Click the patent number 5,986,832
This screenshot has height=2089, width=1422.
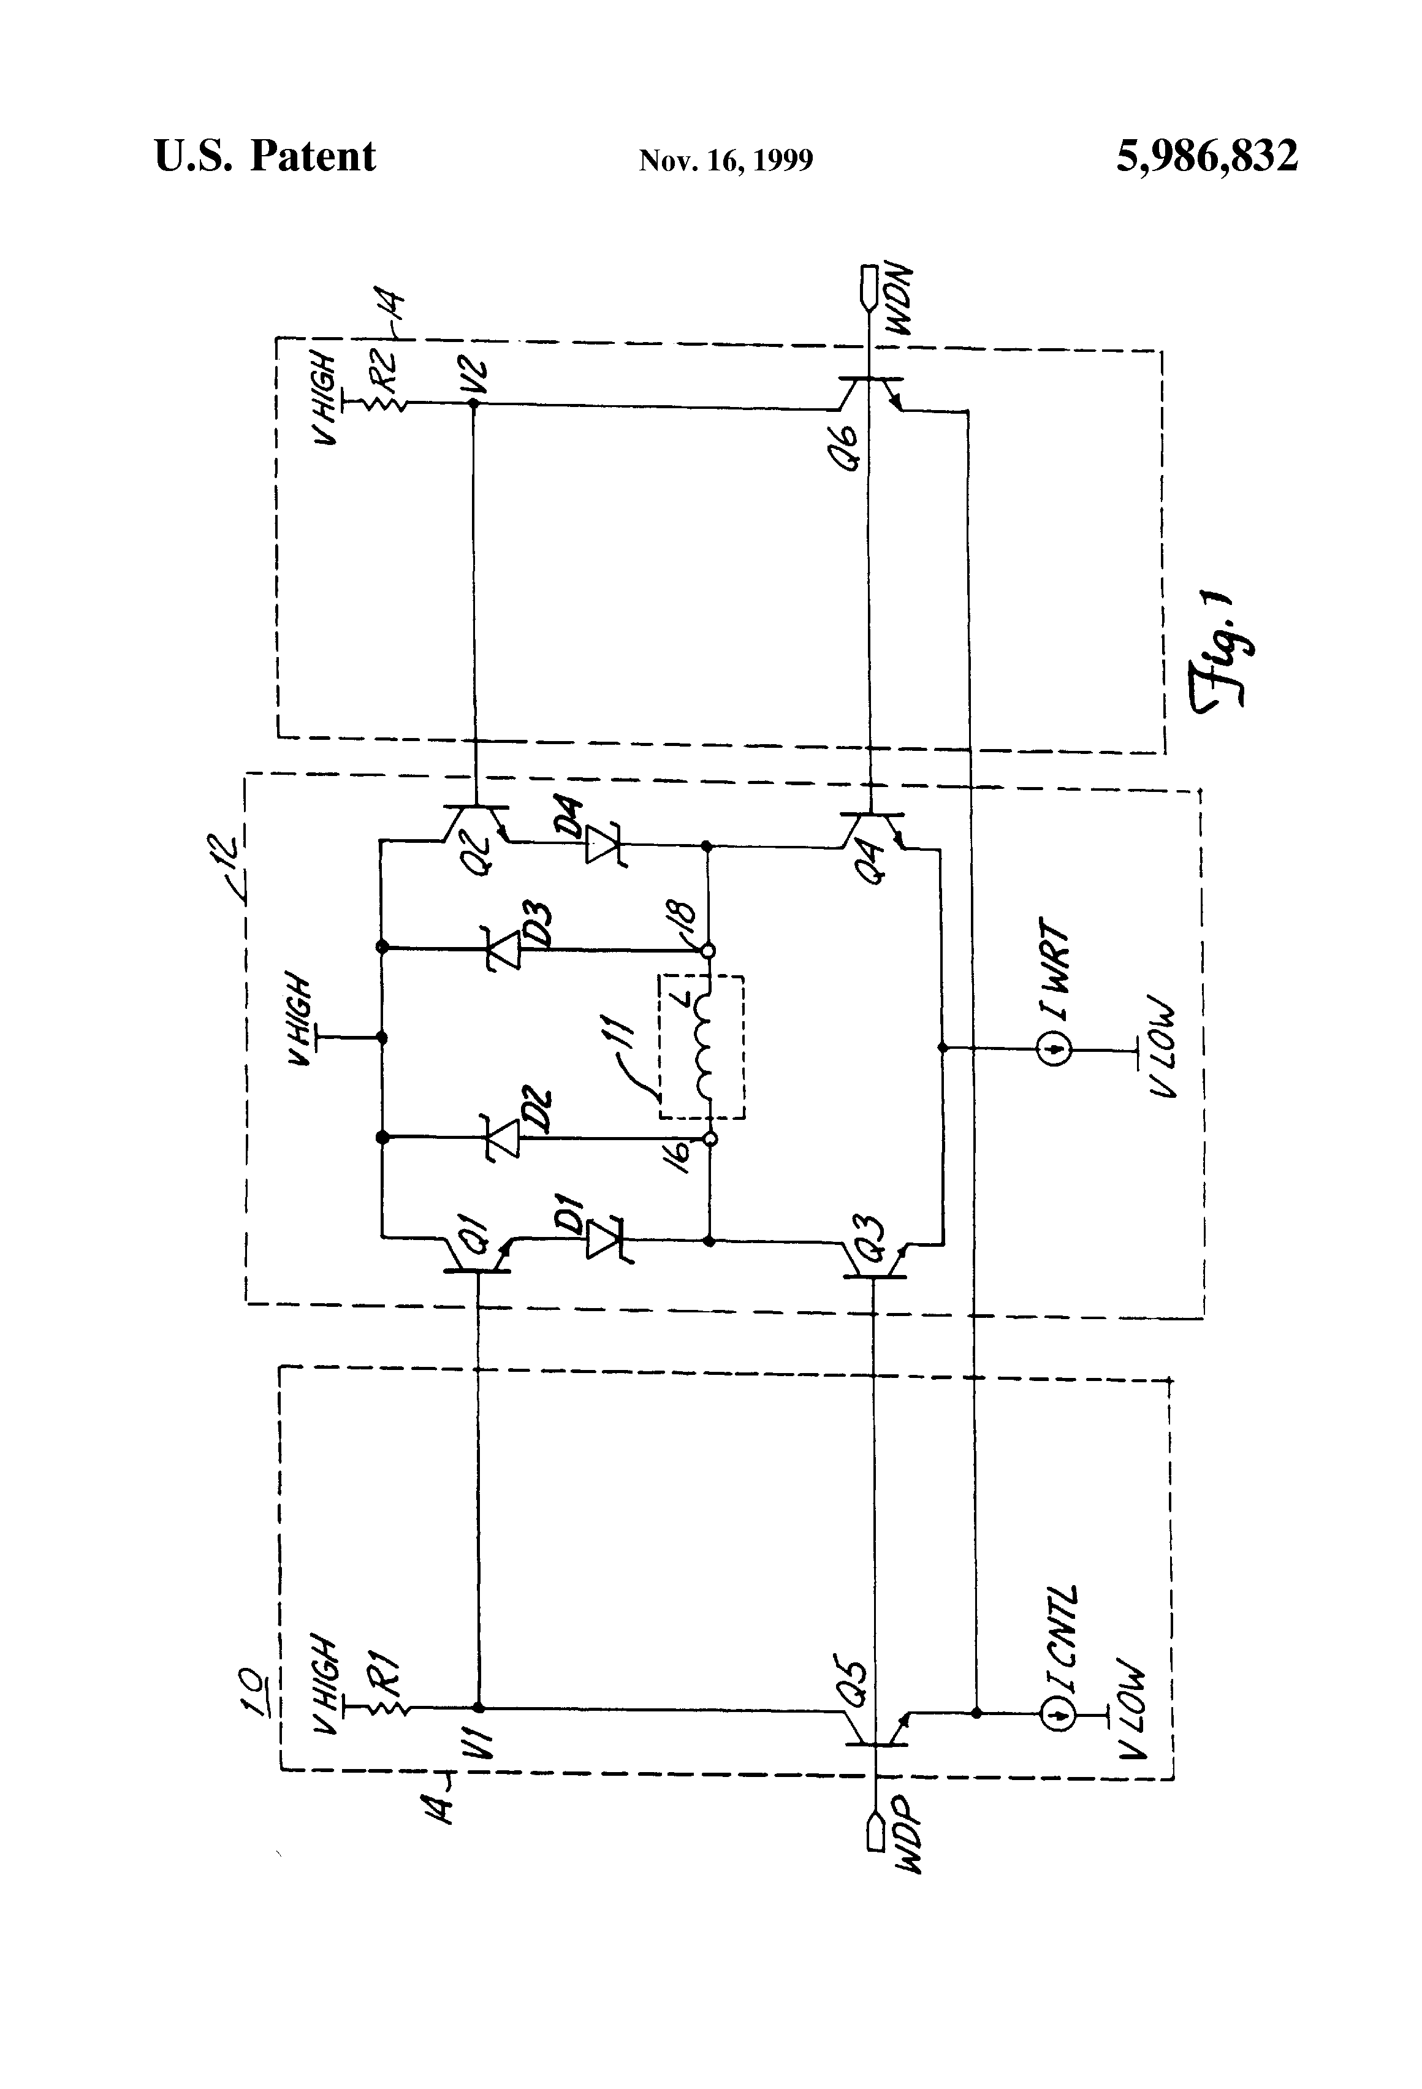[1206, 156]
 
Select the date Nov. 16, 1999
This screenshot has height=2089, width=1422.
[725, 160]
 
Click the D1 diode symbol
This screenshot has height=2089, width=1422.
[603, 1241]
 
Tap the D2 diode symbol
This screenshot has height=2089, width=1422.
[505, 1138]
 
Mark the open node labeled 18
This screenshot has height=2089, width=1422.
[709, 950]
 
